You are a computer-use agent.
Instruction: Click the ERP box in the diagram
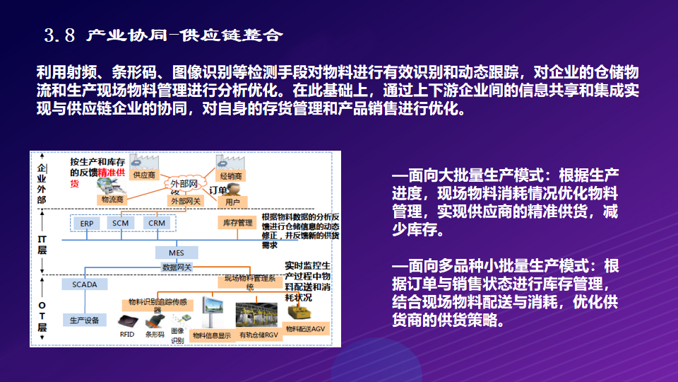click(87, 223)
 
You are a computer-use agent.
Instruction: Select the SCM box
click(119, 223)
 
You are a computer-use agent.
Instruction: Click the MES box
click(176, 253)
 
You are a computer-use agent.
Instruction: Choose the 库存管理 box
click(238, 223)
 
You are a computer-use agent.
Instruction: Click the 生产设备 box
click(84, 320)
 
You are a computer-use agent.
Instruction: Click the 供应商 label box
click(144, 175)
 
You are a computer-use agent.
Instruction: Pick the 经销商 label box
click(230, 175)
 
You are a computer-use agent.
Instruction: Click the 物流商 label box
click(112, 199)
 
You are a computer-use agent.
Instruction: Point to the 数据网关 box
click(177, 267)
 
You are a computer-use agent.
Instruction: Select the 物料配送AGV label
click(304, 328)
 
